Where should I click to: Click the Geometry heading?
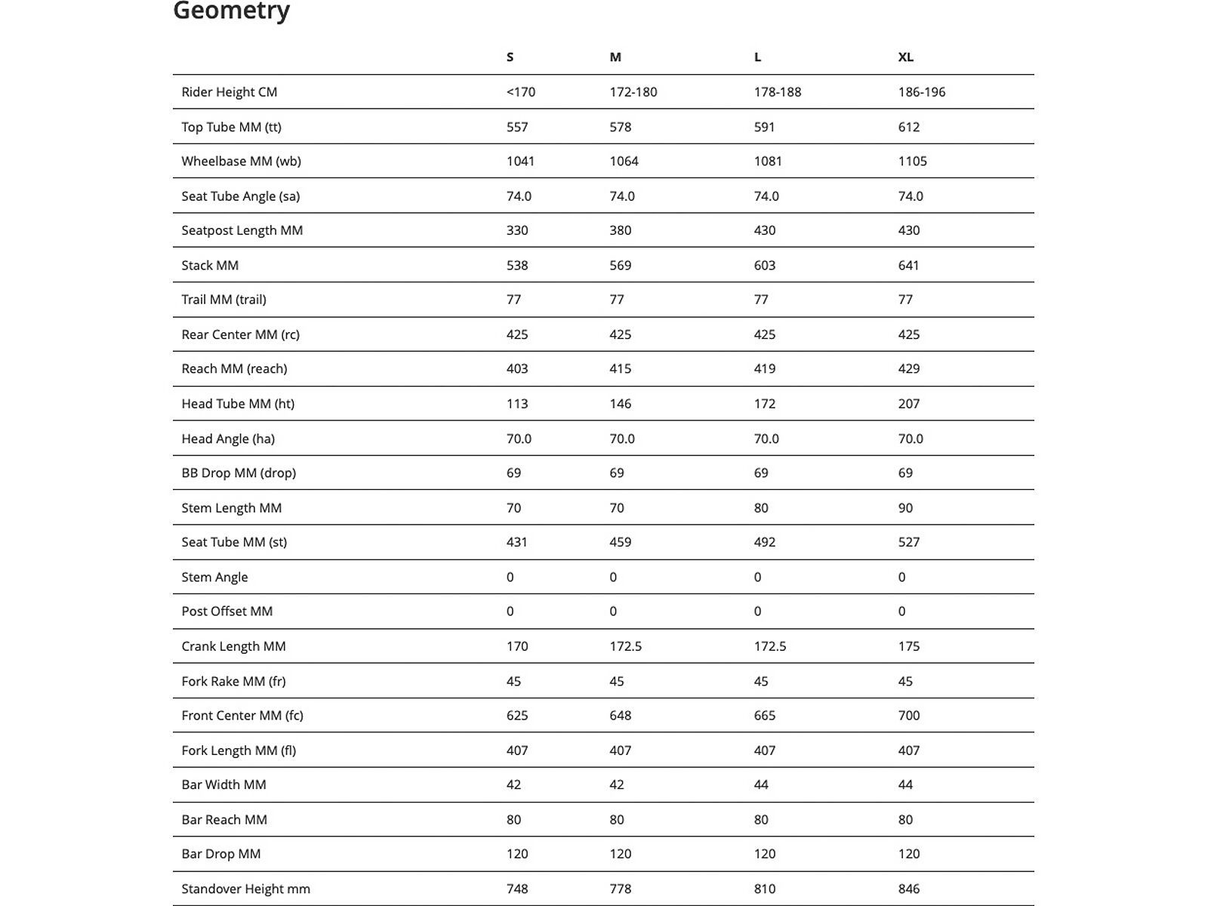click(x=231, y=11)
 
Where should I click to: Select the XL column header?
click(x=905, y=57)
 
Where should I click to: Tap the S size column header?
click(x=510, y=57)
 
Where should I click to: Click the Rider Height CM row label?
click(x=230, y=92)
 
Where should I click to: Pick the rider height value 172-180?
click(x=633, y=92)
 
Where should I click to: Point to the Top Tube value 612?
click(x=908, y=127)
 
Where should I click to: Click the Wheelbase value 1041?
click(x=520, y=161)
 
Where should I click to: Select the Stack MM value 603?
click(x=764, y=265)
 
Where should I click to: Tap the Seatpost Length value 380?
click(x=620, y=230)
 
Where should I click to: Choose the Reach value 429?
click(x=908, y=368)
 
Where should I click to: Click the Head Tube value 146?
click(x=620, y=403)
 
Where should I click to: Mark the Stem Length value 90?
click(x=905, y=507)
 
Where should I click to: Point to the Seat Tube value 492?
click(x=764, y=541)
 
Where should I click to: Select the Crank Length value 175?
click(x=908, y=646)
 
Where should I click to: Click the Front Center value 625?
click(x=517, y=715)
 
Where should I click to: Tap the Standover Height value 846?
click(x=908, y=889)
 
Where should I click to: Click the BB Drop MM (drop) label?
click(x=239, y=473)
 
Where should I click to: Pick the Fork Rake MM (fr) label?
click(x=233, y=681)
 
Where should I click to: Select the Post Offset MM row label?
click(x=226, y=611)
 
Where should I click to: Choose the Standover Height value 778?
click(x=620, y=889)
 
